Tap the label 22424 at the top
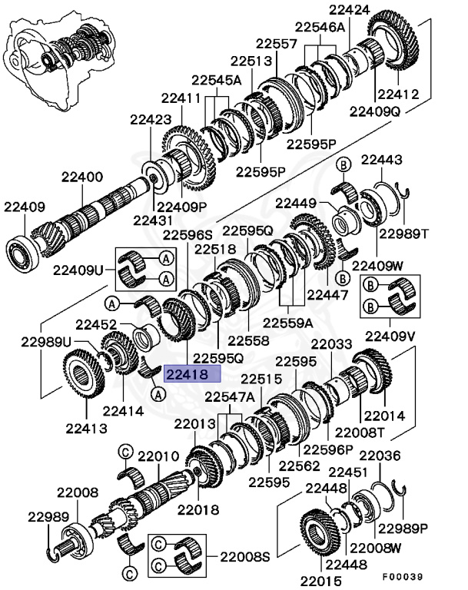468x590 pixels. tap(349, 10)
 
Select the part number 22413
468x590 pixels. tap(86, 428)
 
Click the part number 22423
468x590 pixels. tap(151, 119)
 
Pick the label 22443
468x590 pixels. tap(381, 160)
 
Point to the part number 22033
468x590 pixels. tap(333, 346)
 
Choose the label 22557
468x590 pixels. tap(277, 45)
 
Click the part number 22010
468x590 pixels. tap(158, 457)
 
